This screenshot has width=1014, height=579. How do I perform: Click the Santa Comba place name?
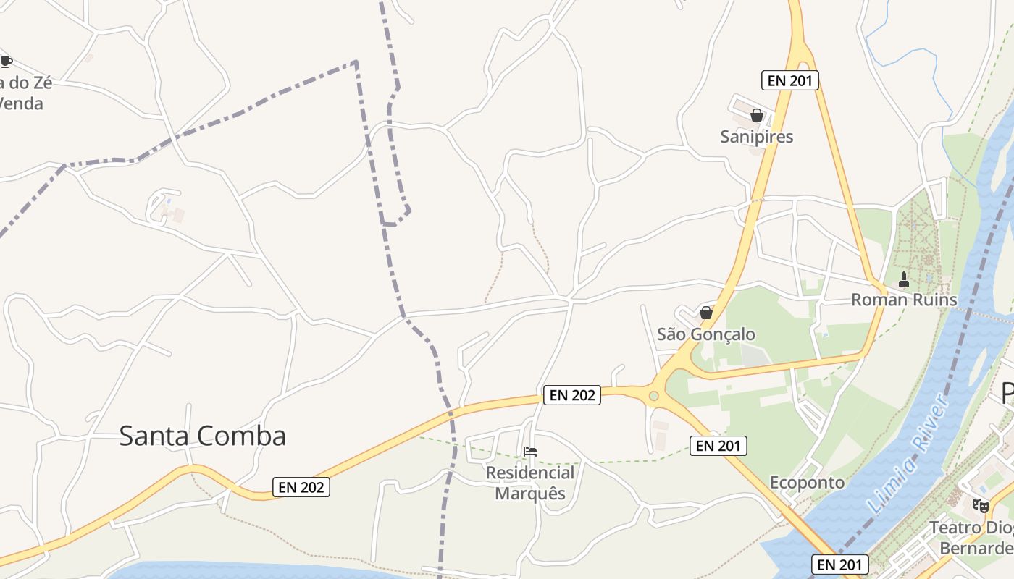coord(202,436)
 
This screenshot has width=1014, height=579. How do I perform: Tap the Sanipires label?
coord(757,137)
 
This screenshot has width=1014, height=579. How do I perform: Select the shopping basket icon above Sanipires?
coord(757,115)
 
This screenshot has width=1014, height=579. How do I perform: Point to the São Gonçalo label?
coord(705,334)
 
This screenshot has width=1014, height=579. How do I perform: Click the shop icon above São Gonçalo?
coord(705,313)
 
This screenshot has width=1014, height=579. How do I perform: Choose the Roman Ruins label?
coord(903,300)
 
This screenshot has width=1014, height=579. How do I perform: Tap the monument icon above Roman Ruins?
coord(903,279)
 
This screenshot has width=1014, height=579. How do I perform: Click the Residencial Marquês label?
coord(529,483)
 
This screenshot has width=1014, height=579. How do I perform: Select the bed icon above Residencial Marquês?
coord(530,452)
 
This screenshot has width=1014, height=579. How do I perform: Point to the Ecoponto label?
coord(807,483)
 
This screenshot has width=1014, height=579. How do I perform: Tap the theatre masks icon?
coord(981,505)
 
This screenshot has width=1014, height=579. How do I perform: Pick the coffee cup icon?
coord(6,62)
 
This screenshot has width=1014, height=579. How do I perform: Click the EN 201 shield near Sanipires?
coord(789,80)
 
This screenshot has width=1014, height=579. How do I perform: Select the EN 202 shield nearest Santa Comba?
coord(301,487)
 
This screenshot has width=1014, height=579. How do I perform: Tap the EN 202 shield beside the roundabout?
coord(572,394)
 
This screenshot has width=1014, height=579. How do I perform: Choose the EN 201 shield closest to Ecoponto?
coord(717,446)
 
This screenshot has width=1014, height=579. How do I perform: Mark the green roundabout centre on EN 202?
coord(654,396)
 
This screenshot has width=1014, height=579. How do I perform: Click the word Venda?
coord(22,103)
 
